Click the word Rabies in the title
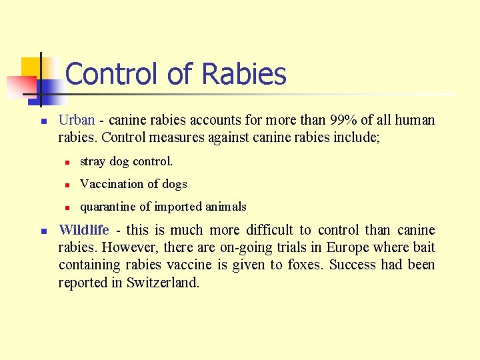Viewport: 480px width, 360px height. point(243,74)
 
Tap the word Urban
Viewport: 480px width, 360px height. point(77,121)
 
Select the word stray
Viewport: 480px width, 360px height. point(93,161)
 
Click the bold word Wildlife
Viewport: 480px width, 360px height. point(84,230)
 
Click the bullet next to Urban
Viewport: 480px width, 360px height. point(42,122)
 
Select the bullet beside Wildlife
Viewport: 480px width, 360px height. point(42,231)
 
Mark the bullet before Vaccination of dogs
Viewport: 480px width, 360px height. point(67,185)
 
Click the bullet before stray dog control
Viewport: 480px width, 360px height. point(67,162)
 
